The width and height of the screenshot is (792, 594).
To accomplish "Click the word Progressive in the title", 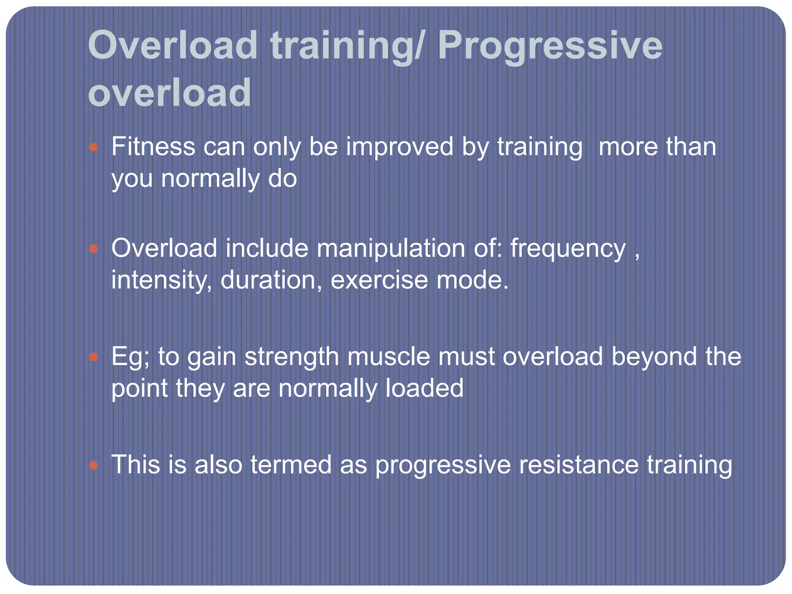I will [x=550, y=46].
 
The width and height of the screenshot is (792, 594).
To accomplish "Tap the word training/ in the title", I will [x=347, y=46].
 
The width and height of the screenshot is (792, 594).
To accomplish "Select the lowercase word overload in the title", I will [x=170, y=93].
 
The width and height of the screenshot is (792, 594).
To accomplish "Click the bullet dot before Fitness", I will [x=93, y=147].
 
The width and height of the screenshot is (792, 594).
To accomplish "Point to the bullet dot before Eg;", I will [x=93, y=357].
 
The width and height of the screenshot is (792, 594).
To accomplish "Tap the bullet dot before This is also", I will [x=93, y=465].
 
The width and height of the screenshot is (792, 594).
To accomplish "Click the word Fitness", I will [x=153, y=147].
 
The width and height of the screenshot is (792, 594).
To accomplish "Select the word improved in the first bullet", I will [x=399, y=147].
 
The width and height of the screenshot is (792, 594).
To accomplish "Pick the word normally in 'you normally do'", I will [x=210, y=179].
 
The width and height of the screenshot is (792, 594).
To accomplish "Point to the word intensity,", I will [x=161, y=280].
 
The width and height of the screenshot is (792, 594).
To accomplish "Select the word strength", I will [x=292, y=357].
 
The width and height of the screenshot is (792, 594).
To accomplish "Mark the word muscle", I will [x=388, y=357].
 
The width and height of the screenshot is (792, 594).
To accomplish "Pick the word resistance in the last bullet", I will [x=579, y=465].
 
